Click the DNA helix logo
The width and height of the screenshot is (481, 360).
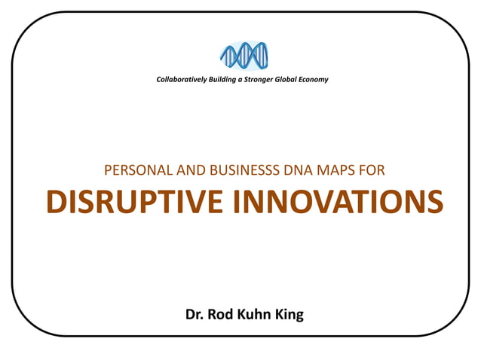[243, 56]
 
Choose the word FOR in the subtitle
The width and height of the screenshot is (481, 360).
[372, 171]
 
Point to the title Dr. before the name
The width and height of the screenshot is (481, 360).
[196, 314]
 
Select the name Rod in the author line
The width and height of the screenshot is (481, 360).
[223, 314]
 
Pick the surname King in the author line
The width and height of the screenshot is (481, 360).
[290, 314]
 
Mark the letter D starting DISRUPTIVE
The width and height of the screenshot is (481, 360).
[56, 202]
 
